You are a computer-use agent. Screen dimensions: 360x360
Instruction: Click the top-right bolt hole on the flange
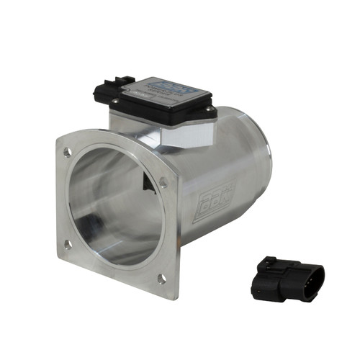pos(163,184)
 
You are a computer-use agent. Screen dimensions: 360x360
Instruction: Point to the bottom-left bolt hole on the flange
pos(68,244)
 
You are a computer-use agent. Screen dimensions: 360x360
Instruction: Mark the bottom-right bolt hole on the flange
pos(162,278)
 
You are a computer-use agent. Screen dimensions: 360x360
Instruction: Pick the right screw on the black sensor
pos(208,112)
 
